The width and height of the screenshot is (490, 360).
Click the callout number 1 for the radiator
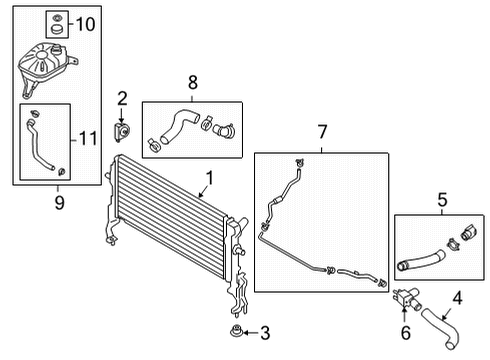click(x=210, y=178)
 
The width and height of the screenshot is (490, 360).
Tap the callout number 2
click(x=122, y=99)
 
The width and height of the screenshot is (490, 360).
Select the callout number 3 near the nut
click(x=265, y=333)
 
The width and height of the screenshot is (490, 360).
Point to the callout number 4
click(x=457, y=298)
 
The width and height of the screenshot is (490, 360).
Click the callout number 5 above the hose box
click(x=442, y=200)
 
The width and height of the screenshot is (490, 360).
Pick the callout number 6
click(x=406, y=333)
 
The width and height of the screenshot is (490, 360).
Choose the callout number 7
click(x=322, y=132)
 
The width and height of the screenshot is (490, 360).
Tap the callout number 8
click(x=193, y=82)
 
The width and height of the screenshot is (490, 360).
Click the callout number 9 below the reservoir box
click(x=59, y=202)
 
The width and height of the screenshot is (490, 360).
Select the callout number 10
click(x=85, y=24)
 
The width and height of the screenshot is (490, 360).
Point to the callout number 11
click(x=88, y=138)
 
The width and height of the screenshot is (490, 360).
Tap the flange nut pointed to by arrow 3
click(x=236, y=331)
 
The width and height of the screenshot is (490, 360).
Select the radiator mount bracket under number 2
click(x=121, y=132)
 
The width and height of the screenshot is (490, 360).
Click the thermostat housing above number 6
click(x=407, y=297)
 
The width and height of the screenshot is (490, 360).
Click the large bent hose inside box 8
click(x=179, y=127)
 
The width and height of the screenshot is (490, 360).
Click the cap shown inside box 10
click(x=57, y=29)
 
